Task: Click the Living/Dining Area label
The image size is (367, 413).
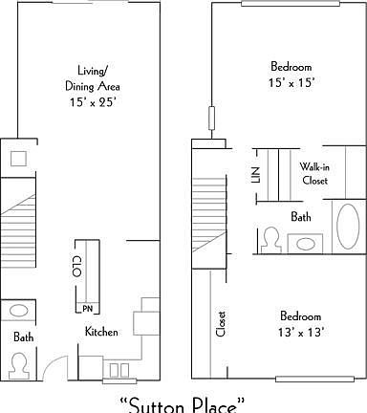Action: pyautogui.click(x=97, y=76)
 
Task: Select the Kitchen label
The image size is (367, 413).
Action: pyautogui.click(x=101, y=332)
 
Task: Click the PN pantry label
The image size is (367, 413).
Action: pyautogui.click(x=86, y=308)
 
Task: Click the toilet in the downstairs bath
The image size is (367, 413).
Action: pyautogui.click(x=20, y=364)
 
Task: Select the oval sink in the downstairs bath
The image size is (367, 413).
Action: pyautogui.click(x=20, y=312)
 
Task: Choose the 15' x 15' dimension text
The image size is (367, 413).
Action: pyautogui.click(x=290, y=83)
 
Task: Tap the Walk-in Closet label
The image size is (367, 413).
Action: pyautogui.click(x=314, y=172)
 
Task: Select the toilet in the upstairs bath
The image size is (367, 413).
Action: pyautogui.click(x=270, y=238)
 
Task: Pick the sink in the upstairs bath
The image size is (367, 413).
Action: pyautogui.click(x=305, y=243)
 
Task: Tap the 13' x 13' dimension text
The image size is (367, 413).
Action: pyautogui.click(x=300, y=332)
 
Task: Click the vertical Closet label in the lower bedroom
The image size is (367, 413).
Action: pyautogui.click(x=221, y=326)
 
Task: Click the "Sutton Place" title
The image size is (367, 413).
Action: pyautogui.click(x=183, y=402)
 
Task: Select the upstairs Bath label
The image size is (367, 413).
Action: pyautogui.click(x=301, y=217)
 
